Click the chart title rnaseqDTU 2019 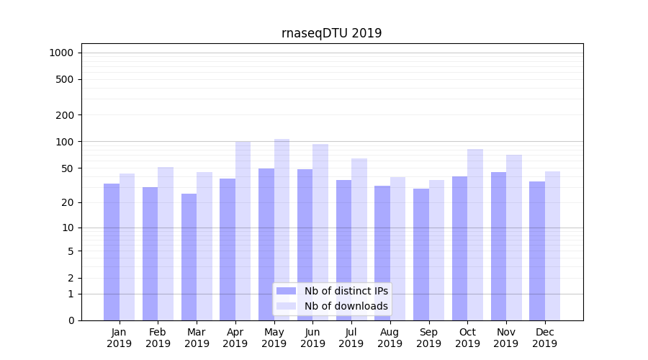(331, 34)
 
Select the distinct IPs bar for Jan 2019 (112, 252)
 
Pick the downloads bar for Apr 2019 (243, 230)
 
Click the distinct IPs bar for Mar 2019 (189, 257)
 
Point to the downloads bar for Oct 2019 (475, 234)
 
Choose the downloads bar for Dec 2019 (552, 246)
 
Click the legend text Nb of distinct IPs (346, 291)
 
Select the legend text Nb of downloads (346, 306)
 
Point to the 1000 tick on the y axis (61, 53)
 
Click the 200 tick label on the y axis (65, 115)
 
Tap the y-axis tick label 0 (71, 320)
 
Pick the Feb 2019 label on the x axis (158, 338)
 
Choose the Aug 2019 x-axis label (390, 338)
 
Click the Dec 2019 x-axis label (544, 338)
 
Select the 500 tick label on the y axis (65, 79)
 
